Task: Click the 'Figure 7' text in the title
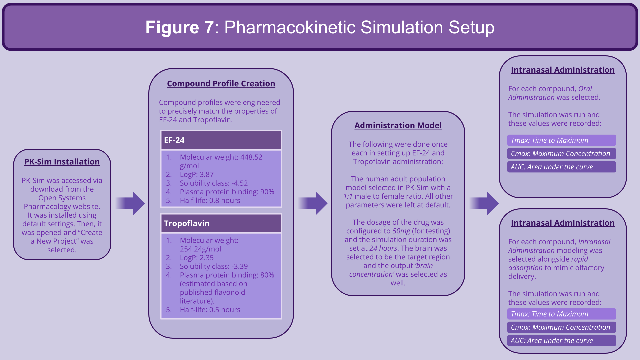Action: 179,27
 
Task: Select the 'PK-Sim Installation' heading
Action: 62,162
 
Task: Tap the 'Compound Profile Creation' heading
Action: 221,84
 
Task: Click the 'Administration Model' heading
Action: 398,125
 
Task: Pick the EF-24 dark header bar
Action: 221,140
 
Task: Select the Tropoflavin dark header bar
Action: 221,223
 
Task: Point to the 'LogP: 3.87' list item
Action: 197,174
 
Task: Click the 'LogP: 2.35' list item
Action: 197,258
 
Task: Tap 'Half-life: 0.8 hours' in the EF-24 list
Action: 210,200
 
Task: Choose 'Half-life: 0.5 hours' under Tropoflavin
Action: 210,310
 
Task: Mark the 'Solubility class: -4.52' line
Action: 214,183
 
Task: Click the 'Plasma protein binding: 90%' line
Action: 227,192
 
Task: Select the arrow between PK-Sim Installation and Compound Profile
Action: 130,203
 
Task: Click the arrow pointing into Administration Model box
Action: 313,203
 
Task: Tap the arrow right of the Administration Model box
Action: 484,203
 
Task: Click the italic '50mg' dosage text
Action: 401,231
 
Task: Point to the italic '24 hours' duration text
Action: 383,248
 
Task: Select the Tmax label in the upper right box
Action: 550,140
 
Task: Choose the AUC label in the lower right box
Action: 552,341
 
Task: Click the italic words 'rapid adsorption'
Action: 548,263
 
